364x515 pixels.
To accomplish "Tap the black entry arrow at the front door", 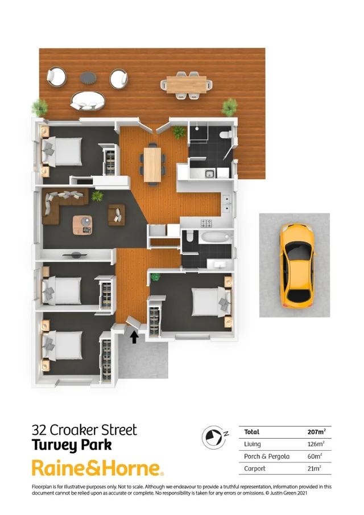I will tap(134, 337).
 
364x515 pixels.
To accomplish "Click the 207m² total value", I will tap(316, 432).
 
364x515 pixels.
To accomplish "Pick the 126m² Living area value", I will tap(316, 444).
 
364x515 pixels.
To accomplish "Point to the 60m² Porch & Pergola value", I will tap(313, 456).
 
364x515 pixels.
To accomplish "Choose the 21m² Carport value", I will tap(313, 468).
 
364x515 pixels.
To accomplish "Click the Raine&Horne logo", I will tap(97, 468).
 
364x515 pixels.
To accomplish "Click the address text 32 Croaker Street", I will tap(84, 430).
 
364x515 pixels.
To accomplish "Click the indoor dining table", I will tap(152, 164).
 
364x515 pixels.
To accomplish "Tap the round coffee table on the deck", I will tap(88, 76).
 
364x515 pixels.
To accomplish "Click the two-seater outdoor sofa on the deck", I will tap(88, 101).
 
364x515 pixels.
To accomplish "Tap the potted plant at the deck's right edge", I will tap(229, 105).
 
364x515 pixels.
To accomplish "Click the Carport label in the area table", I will tap(255, 468).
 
